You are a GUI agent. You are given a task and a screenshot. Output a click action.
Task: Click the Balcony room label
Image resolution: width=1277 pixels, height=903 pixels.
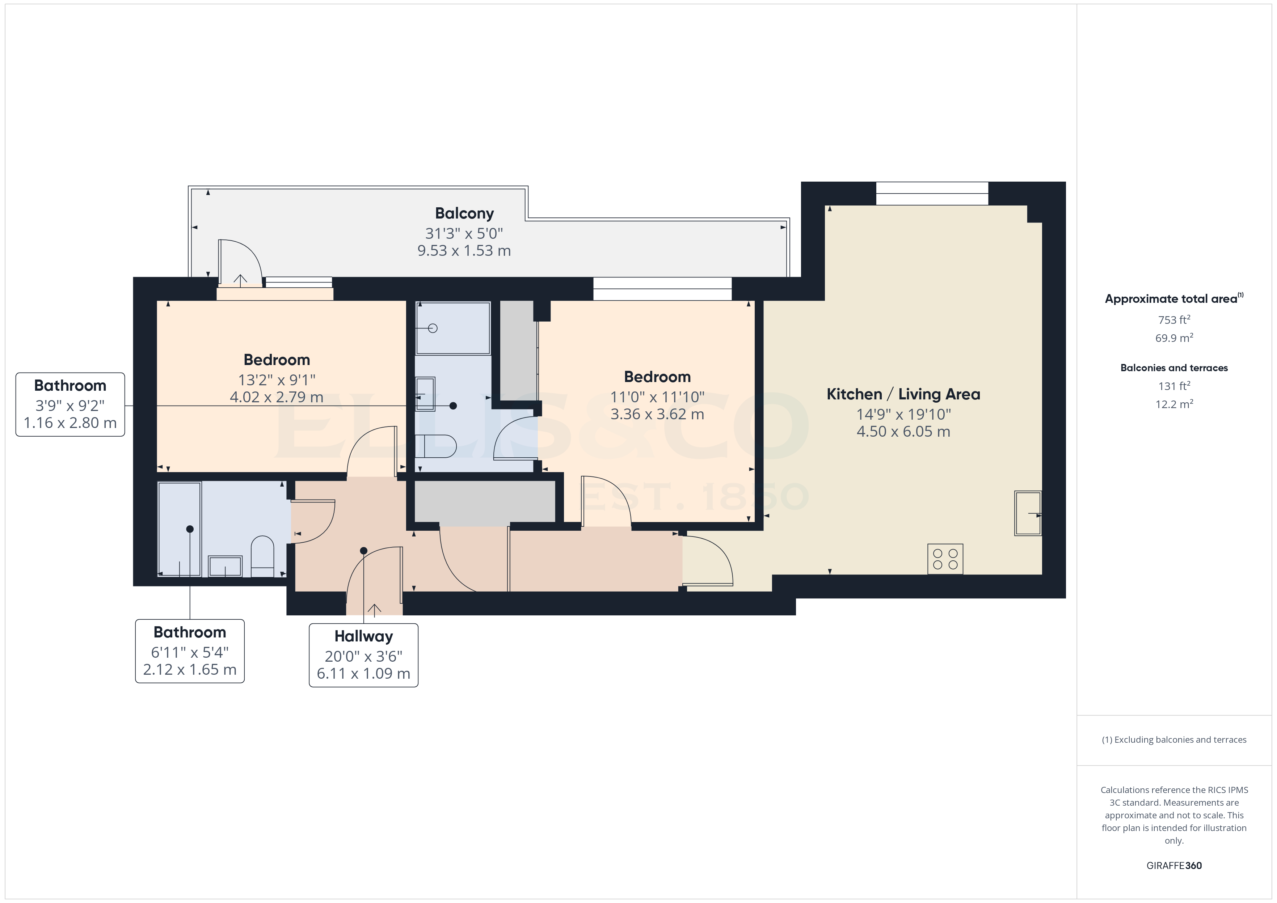(464, 213)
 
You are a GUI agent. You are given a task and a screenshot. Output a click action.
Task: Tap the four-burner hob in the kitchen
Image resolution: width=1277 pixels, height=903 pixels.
(945, 559)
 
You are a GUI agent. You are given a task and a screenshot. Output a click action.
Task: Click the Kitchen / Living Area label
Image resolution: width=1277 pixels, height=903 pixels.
(903, 394)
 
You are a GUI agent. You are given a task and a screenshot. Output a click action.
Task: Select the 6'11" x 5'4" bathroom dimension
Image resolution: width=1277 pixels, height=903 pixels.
(190, 652)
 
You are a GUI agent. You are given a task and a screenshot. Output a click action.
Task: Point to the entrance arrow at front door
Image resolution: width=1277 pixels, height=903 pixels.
(374, 610)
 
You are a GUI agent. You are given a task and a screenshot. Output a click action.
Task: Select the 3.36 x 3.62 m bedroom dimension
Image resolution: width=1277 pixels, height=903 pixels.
(657, 414)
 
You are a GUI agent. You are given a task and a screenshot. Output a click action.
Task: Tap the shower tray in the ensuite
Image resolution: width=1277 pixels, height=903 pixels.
(453, 328)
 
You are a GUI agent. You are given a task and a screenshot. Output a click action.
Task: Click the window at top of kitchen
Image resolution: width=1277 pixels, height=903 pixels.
(932, 194)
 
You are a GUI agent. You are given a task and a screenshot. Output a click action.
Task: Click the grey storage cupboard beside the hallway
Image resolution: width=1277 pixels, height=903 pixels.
(484, 501)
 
